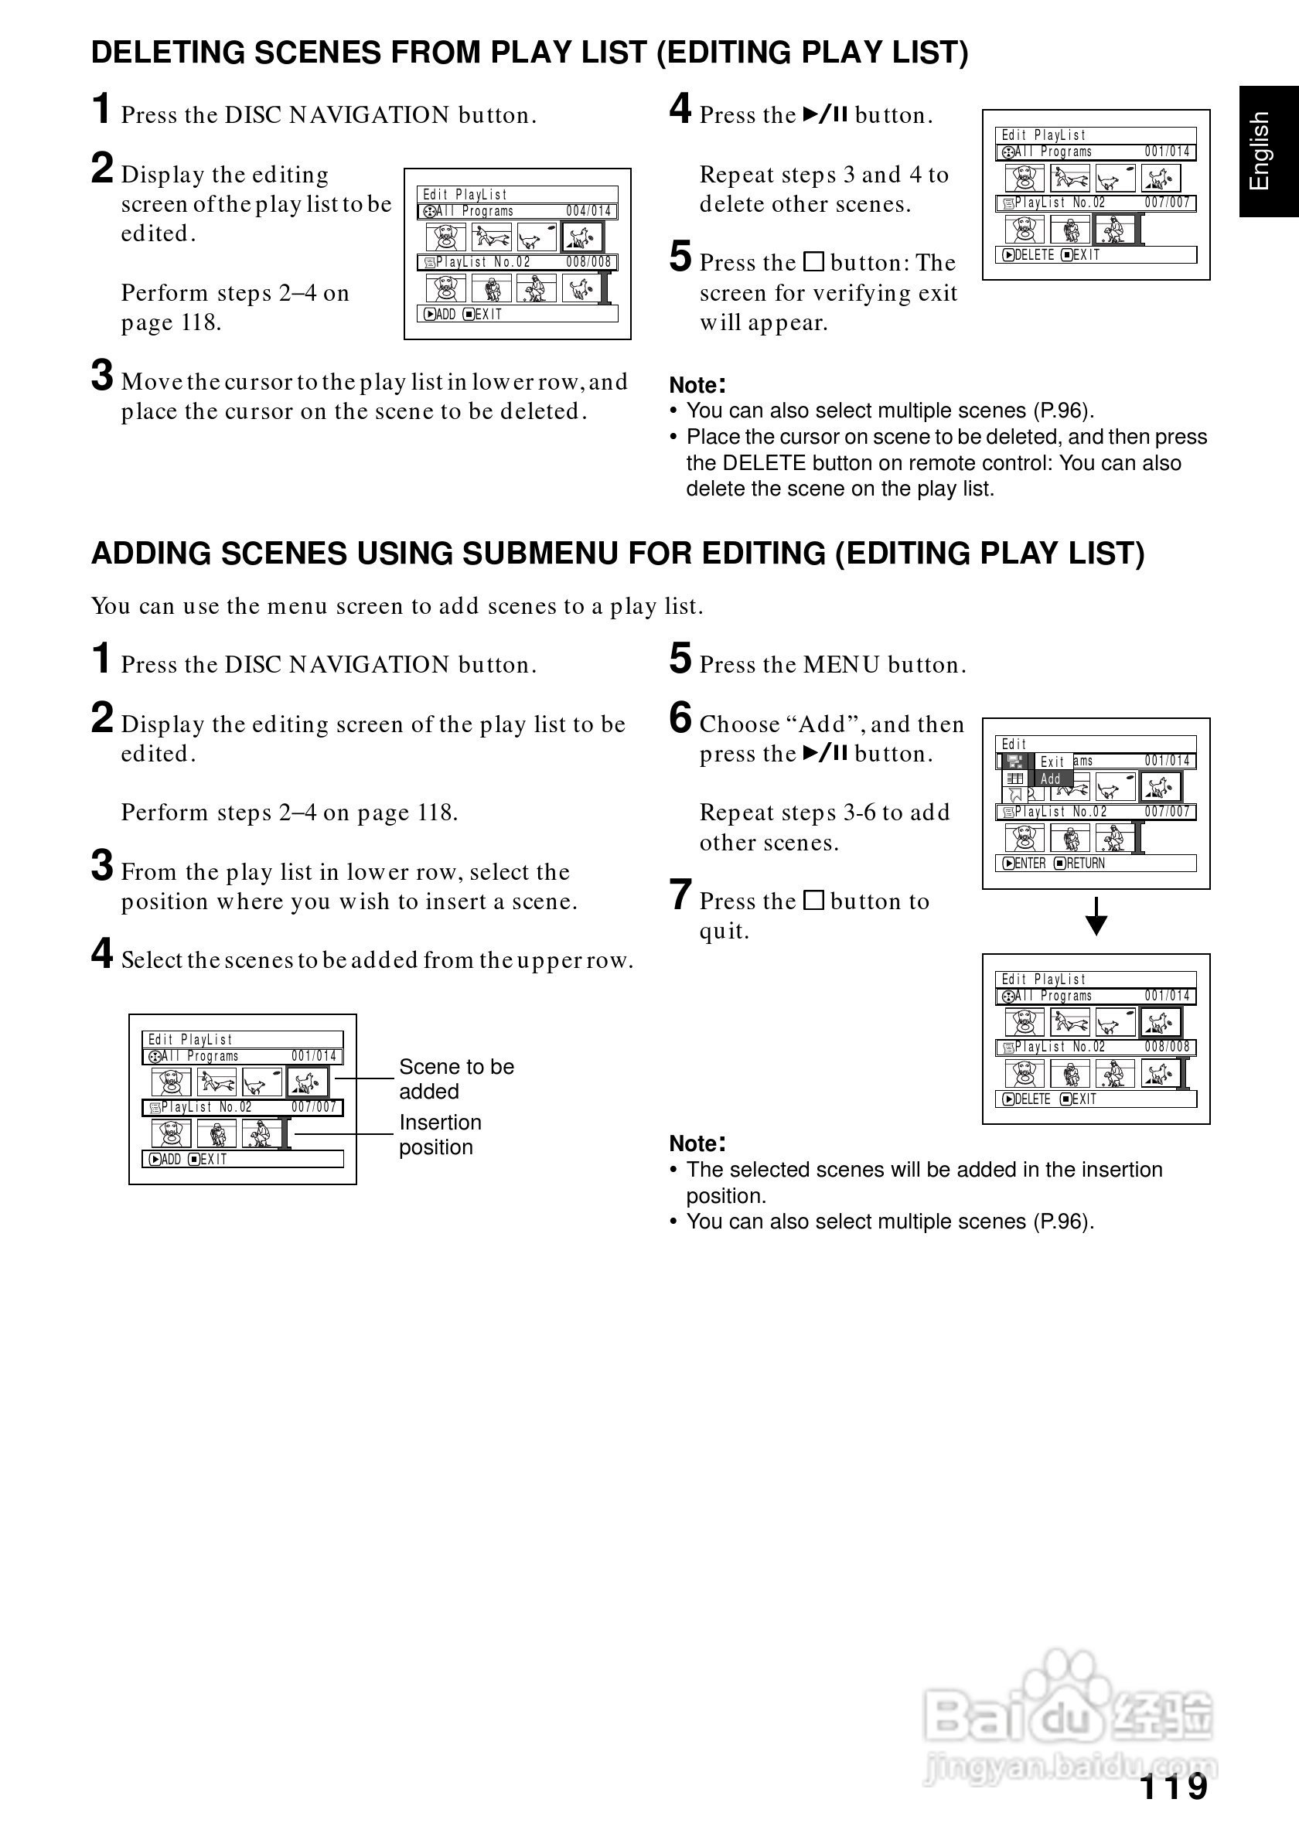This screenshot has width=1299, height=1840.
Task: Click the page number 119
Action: pos(1173,1787)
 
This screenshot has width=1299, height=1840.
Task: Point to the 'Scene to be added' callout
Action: pos(456,1078)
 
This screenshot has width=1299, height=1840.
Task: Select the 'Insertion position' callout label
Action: pos(440,1134)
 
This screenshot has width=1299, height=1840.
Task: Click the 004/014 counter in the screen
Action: pos(588,212)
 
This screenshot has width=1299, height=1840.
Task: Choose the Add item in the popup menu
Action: pos(1051,779)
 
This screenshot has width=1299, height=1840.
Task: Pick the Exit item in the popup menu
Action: pos(1052,762)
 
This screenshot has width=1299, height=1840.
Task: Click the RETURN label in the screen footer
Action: pos(1085,863)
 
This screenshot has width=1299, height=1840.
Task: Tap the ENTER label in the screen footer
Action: pos(1030,863)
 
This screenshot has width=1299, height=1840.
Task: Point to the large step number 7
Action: pos(680,895)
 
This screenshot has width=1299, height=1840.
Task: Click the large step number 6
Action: pos(680,717)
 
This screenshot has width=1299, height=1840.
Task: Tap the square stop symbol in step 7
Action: pos(813,901)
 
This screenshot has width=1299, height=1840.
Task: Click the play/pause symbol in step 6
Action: pos(825,752)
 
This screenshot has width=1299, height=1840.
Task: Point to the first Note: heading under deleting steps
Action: pos(697,385)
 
